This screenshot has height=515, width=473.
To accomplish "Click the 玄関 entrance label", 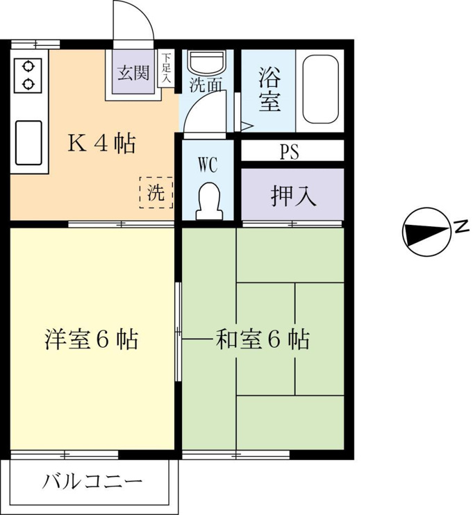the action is point(134,73).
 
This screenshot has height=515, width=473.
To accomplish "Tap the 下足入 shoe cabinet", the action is point(166,68).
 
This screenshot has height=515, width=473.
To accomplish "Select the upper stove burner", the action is point(28,67).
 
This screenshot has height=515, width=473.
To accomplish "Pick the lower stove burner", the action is point(28,84).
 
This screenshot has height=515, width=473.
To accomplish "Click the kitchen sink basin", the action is point(28,142).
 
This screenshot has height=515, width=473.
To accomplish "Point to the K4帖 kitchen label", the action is point(101,143).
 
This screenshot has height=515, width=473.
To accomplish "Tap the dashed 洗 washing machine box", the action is point(156,192).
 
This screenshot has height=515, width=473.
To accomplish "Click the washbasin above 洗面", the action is point(207,62).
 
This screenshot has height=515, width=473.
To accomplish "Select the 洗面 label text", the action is point(206,85).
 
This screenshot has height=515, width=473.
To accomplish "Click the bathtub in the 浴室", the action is point(320,89).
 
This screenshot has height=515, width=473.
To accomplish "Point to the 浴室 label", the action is point(269,89).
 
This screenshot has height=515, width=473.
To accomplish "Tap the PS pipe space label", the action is point(289,151).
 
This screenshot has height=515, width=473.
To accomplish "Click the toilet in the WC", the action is point(209,201).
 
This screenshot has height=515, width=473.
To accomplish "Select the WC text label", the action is point(208,165).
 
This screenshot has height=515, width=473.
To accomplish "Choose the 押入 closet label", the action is point(294,196).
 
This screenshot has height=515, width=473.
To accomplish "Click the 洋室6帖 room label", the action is point(92,339).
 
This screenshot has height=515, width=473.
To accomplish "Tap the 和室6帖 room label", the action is point(263,339).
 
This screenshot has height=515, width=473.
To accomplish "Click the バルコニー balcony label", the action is point(92,482).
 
